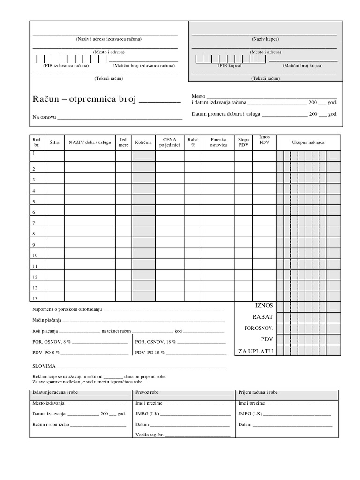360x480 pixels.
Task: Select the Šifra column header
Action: tap(54, 142)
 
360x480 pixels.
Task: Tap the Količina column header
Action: tap(143, 142)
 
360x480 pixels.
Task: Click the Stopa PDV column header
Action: tap(244, 142)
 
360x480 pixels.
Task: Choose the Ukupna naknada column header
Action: tap(308, 142)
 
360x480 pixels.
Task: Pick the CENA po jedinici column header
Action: tap(170, 142)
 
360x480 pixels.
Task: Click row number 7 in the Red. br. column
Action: tap(34, 223)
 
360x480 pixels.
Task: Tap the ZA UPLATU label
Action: tap(255, 351)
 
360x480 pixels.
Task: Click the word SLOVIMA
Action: tap(44, 366)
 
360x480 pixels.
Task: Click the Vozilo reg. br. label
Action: tap(150, 435)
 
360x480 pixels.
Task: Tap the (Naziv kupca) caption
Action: tap(265, 39)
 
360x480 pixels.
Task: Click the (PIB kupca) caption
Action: tap(230, 66)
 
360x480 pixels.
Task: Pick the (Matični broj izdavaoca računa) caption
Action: tap(143, 66)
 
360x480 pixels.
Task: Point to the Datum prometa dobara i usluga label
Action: tap(226, 114)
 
